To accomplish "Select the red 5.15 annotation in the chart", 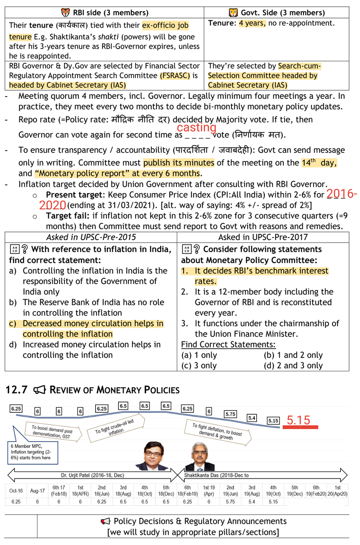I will pos(298,420).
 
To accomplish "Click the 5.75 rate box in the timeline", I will pos(231,414).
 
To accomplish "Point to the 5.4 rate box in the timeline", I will pos(252,418).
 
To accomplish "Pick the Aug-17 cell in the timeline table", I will pos(37,490).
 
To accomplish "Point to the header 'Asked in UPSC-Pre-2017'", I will pos(263,237).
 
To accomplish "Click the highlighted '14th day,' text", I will pos(319,162).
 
